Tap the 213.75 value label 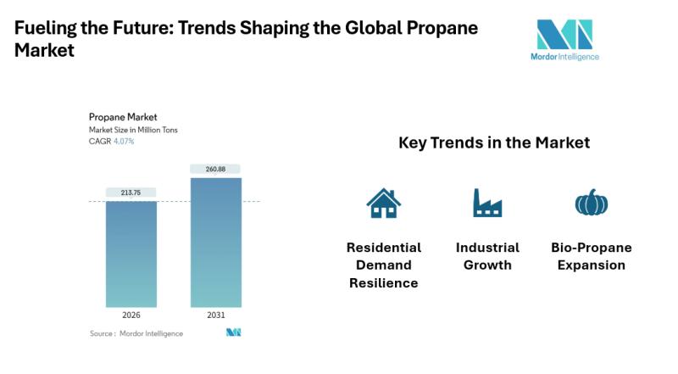(131, 193)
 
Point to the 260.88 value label (216, 169)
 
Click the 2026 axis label (131, 315)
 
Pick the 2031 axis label (216, 315)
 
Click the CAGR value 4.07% (124, 142)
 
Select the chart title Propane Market (123, 117)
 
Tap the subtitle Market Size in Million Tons (133, 130)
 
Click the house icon (383, 203)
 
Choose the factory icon (487, 203)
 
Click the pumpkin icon (591, 203)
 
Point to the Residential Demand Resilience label (384, 265)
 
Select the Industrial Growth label (487, 256)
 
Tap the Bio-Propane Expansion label (591, 256)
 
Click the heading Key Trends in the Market (494, 143)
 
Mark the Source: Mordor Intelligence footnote (136, 333)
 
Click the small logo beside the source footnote (234, 332)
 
